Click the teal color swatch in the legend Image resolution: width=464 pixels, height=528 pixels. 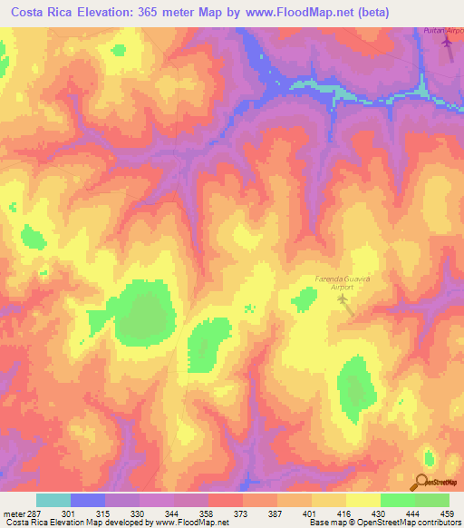tap(53, 500)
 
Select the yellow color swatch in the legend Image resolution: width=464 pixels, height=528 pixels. tap(362, 500)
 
